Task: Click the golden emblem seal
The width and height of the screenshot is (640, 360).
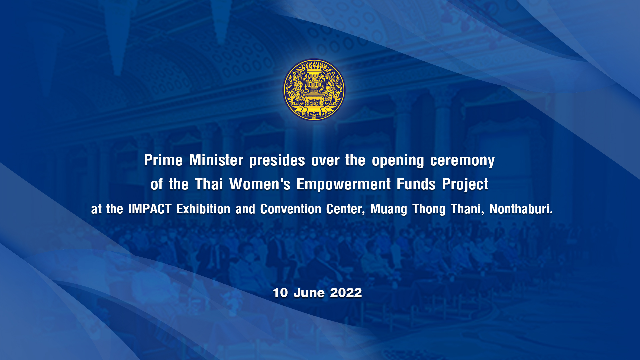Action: tap(314, 90)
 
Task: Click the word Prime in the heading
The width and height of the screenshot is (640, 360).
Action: tap(163, 160)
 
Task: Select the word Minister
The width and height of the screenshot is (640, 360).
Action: tap(216, 160)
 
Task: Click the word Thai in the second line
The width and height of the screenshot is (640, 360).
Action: tap(209, 184)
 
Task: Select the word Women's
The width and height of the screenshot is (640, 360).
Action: tap(260, 184)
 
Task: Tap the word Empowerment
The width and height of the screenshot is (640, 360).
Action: tap(344, 184)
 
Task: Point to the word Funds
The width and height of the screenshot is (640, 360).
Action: tap(416, 184)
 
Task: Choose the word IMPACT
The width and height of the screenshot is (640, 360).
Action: tap(150, 209)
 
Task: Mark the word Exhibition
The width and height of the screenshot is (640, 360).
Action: tap(203, 209)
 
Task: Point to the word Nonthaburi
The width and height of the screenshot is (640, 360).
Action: tap(521, 209)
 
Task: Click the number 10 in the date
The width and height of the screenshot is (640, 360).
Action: tap(280, 293)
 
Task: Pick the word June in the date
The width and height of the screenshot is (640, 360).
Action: tap(309, 293)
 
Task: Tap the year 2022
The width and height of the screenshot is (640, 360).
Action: tap(346, 293)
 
